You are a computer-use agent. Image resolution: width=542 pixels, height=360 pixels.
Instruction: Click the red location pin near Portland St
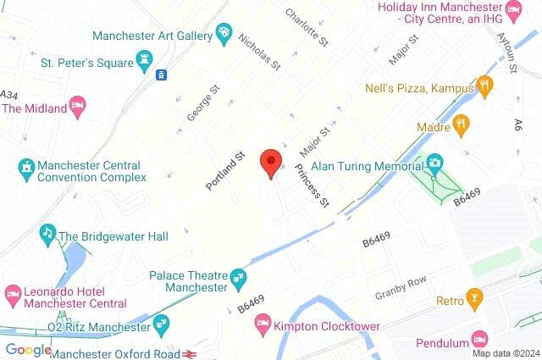pos(270,161)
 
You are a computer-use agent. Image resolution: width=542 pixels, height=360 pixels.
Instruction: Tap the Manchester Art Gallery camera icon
pos(224,35)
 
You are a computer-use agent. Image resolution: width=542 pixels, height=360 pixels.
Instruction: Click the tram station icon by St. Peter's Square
pos(161,75)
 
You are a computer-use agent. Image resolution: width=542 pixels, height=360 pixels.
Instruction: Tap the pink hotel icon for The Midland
pos(78,105)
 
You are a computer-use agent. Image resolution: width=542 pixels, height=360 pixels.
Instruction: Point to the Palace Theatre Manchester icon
pos(239,275)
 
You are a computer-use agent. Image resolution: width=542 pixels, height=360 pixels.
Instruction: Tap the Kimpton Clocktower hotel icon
pos(263,323)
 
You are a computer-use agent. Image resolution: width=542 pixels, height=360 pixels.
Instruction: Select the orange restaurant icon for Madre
pos(461,127)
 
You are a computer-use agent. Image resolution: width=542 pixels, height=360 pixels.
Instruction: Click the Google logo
pos(28,349)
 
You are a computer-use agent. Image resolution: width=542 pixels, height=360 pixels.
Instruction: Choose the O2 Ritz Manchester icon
pos(162,322)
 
